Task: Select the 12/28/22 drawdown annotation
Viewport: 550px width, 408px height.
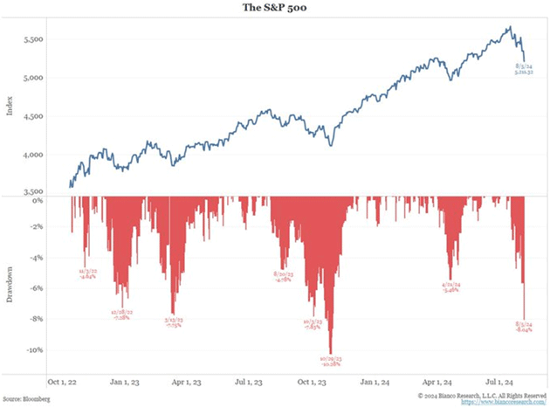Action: click(x=116, y=290)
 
